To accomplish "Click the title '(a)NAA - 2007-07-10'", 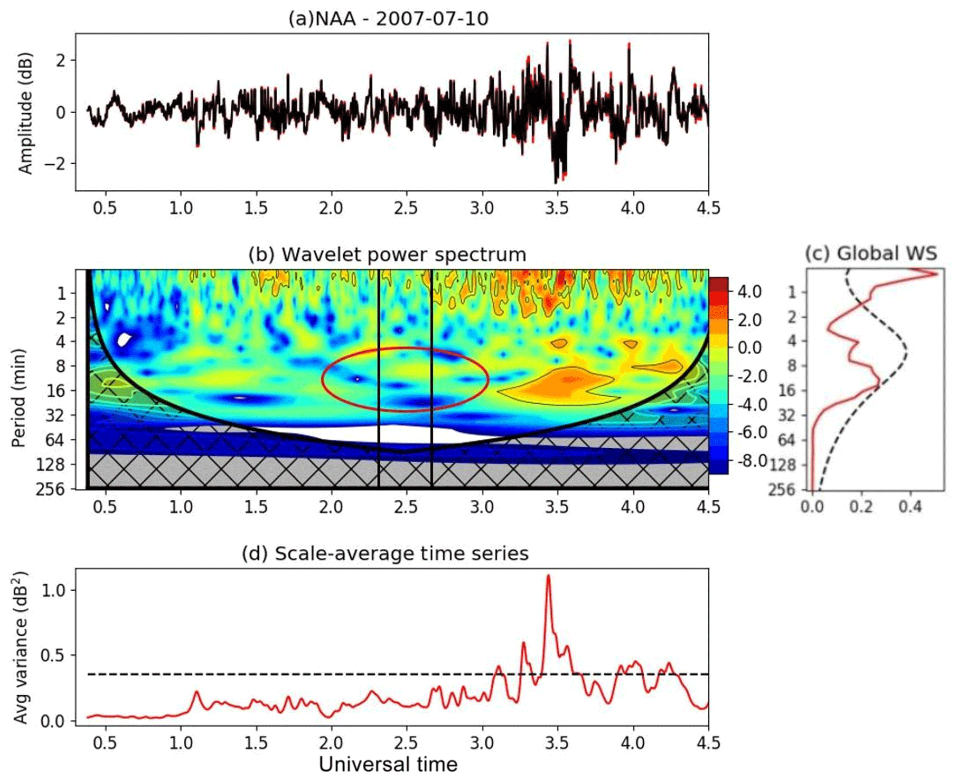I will coord(388,19).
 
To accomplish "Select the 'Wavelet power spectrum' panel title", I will coord(387,255).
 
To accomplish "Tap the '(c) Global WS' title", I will coord(871,253).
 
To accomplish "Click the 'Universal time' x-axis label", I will coord(388,764).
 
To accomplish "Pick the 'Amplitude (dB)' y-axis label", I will coord(26,113).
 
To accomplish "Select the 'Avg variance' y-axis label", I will coord(20,647).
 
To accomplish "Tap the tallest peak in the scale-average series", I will coord(549,576).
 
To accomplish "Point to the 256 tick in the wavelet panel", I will coord(50,489).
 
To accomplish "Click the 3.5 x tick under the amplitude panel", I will coord(557,207).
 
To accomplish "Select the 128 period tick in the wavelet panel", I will coord(50,464).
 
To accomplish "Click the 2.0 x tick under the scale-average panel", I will coord(331,743).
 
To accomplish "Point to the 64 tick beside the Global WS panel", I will coord(787,439).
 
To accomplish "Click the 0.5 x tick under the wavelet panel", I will coord(105,507).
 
